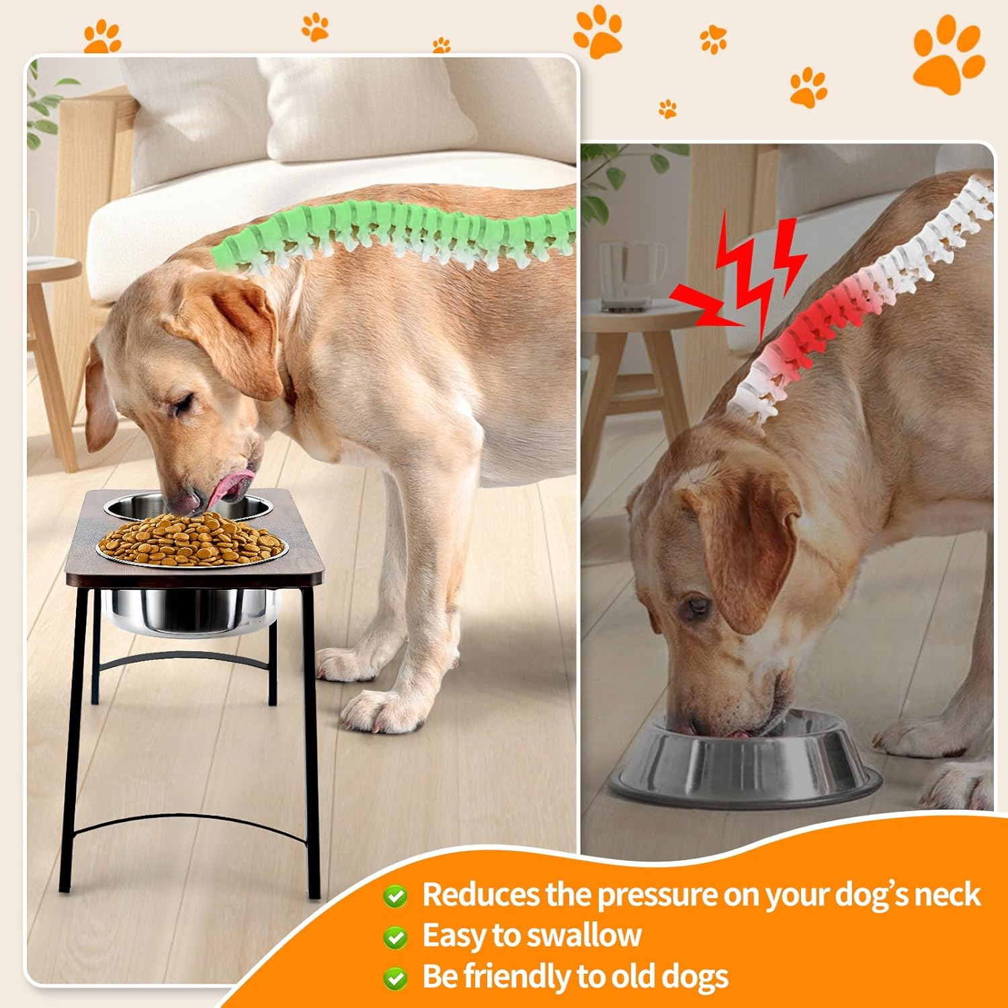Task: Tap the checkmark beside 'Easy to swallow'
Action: [395, 937]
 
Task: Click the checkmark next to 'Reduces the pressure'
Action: [395, 896]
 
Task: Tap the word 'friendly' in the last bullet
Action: [522, 976]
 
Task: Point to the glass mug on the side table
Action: [628, 276]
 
